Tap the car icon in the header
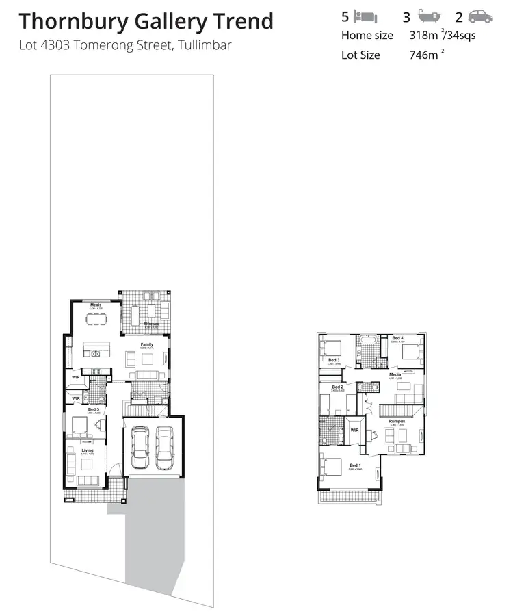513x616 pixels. click(481, 16)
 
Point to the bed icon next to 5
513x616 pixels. click(365, 16)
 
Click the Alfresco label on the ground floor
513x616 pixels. click(151, 323)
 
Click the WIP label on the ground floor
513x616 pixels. click(76, 376)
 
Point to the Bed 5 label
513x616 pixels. click(93, 409)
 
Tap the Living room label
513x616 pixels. click(87, 450)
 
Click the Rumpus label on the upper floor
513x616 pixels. click(397, 422)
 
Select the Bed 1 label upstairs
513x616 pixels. click(354, 465)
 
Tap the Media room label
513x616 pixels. click(395, 375)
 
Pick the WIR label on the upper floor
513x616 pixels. click(354, 430)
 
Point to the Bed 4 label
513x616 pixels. click(398, 339)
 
